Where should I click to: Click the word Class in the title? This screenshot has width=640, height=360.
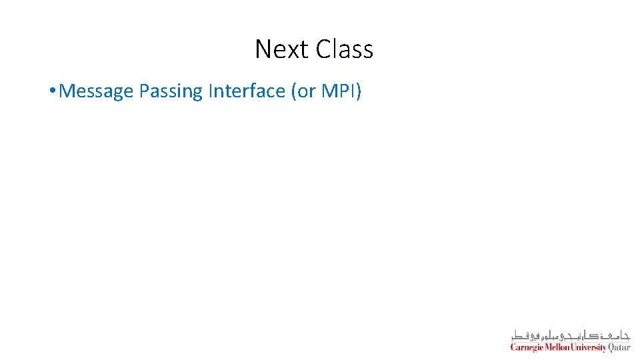tap(345, 49)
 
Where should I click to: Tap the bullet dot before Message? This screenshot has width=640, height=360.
tap(52, 91)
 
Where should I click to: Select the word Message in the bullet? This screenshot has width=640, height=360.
tap(97, 91)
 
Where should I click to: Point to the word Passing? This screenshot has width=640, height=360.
tap(171, 91)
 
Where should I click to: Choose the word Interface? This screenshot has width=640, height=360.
tap(247, 91)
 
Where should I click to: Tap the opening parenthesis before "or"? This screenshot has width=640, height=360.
tap(294, 91)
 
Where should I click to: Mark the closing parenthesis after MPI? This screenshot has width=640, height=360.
tap(359, 91)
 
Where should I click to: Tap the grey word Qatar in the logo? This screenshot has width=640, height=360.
tap(619, 347)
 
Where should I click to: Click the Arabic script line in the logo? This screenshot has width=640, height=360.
tap(570, 335)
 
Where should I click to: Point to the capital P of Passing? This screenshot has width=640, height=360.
tap(144, 91)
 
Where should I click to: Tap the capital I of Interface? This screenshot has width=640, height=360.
tap(211, 91)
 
